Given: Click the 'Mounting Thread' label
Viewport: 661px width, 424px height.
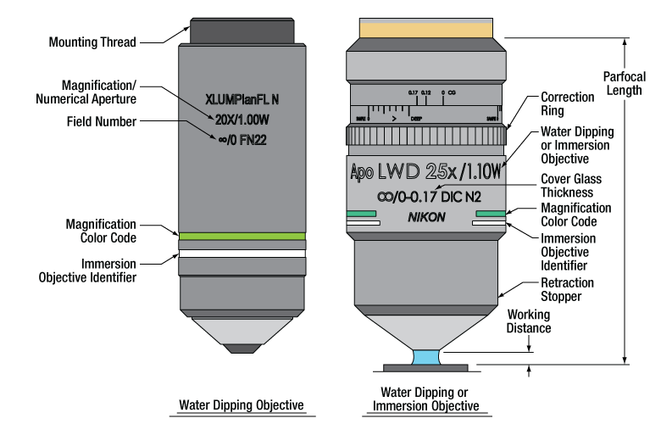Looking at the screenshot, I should [92, 42].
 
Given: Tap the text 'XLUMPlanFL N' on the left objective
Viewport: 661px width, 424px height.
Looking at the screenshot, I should [242, 98].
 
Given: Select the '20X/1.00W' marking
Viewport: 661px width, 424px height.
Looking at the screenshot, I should [242, 119].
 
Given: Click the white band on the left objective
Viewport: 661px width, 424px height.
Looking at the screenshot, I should [242, 254].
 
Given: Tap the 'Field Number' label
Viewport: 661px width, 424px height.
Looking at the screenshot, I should [101, 122].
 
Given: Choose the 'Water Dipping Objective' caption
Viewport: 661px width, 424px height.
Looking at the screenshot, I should [241, 404].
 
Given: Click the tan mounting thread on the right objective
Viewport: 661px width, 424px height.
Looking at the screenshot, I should [426, 30].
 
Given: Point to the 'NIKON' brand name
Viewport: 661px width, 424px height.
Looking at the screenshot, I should [426, 218].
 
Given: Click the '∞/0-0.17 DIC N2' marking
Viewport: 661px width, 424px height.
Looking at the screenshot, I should [426, 198].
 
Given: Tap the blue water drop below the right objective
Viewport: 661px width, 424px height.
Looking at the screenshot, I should [425, 358].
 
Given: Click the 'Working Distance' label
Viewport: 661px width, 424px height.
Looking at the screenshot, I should [529, 321].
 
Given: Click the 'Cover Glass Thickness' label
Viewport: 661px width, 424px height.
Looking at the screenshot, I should [571, 186].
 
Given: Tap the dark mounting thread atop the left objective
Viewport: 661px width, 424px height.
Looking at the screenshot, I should [242, 31].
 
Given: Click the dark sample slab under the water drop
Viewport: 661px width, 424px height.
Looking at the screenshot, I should [425, 369].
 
